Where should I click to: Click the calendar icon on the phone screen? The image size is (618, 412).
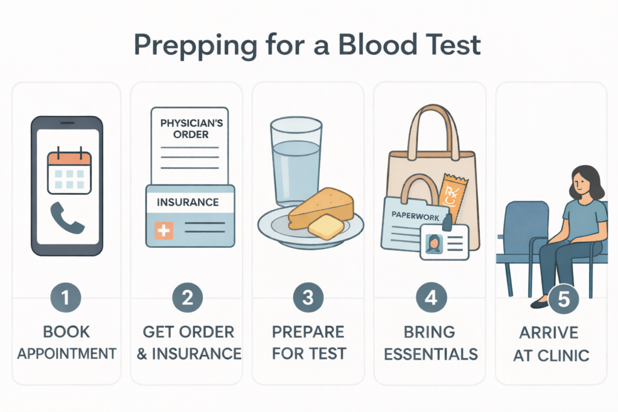point(69,173)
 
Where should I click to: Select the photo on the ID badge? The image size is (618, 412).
point(433,244)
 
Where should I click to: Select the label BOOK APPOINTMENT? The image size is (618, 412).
point(66,341)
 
